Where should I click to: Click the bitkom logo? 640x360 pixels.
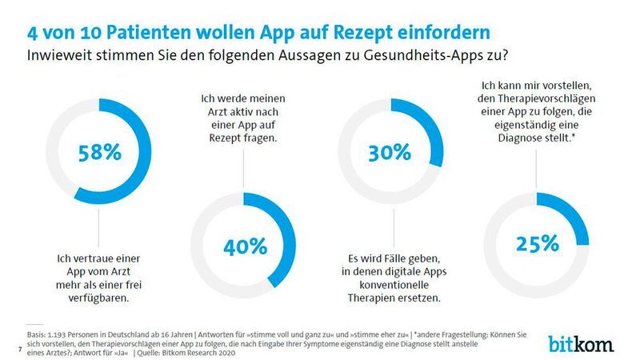click(582, 344)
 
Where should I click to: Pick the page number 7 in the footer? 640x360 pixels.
click(18, 350)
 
